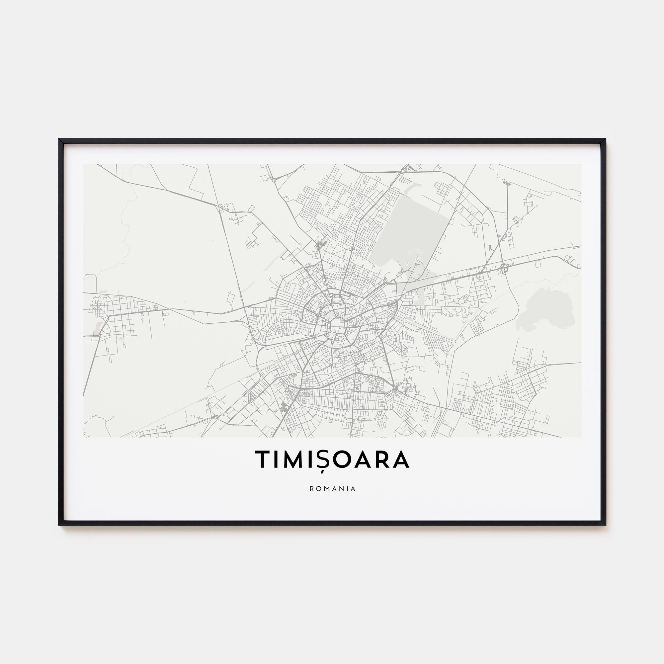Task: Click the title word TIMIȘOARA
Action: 332,459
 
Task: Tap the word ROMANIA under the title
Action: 332,489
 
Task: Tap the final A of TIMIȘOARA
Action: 401,459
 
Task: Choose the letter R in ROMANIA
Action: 311,489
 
